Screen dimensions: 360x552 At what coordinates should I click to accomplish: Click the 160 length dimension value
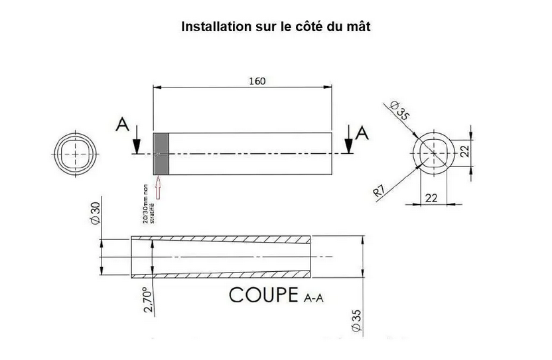pyautogui.click(x=257, y=81)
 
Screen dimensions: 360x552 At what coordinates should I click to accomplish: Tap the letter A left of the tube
pyautogui.click(x=123, y=124)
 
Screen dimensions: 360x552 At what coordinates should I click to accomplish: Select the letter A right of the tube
pyautogui.click(x=362, y=133)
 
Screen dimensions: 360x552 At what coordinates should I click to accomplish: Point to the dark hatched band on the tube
pyautogui.click(x=161, y=153)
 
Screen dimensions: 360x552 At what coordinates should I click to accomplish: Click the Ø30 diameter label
pyautogui.click(x=94, y=214)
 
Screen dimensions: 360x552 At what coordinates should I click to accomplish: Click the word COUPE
pyautogui.click(x=263, y=295)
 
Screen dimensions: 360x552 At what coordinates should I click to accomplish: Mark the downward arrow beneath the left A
pyautogui.click(x=135, y=141)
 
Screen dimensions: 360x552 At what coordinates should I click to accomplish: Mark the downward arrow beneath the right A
pyautogui.click(x=350, y=142)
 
